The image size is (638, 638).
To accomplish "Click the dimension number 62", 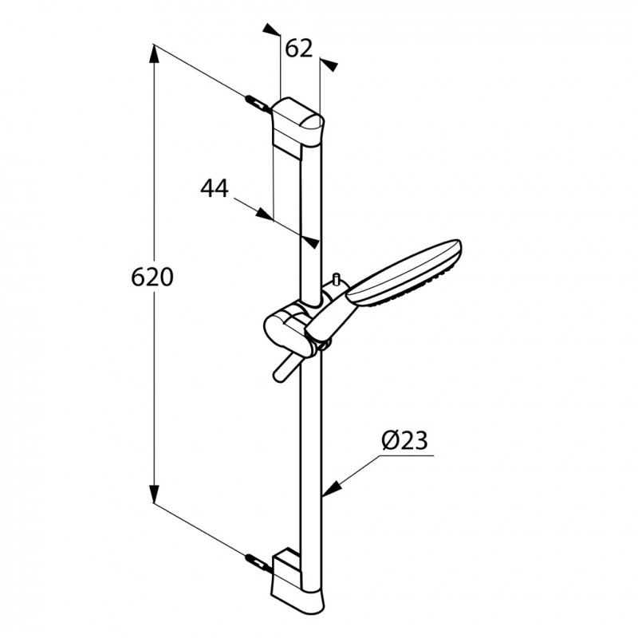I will tap(297, 49).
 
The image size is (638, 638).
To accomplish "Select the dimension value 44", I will tap(214, 189).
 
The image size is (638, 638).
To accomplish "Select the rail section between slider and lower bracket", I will tap(313, 447).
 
